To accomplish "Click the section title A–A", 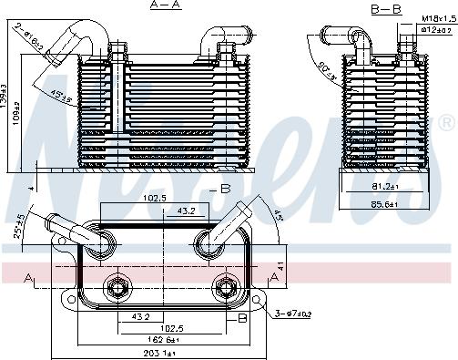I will pos(164,6).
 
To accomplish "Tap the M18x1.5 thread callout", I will pos(438,17).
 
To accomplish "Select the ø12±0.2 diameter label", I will pos(438,29).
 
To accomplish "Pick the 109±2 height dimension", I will pos(25,118).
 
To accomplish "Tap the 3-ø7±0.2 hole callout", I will pos(293,314).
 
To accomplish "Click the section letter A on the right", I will pos(274,278).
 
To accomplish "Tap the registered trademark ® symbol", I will pos(445,121).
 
